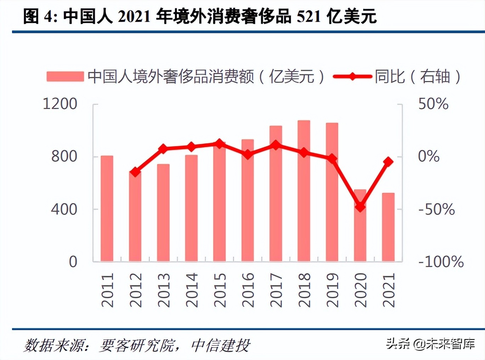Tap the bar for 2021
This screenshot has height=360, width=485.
pyautogui.click(x=388, y=227)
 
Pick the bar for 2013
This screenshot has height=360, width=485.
pyautogui.click(x=163, y=213)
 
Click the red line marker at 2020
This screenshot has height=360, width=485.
pyautogui.click(x=360, y=207)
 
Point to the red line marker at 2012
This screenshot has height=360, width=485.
pyautogui.click(x=135, y=172)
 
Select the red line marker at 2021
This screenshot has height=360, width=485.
pyautogui.click(x=388, y=162)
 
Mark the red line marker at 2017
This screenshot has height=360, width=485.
pyautogui.click(x=275, y=145)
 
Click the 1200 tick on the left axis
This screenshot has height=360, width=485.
pyautogui.click(x=60, y=104)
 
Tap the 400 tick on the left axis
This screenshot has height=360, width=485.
pyautogui.click(x=64, y=209)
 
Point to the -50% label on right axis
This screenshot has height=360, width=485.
pyautogui.click(x=436, y=209)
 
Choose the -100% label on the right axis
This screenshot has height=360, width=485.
pyautogui.click(x=441, y=262)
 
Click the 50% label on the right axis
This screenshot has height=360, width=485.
pyautogui.click(x=433, y=104)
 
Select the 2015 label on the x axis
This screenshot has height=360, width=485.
pyautogui.click(x=219, y=290)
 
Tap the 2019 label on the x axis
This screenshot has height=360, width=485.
pyautogui.click(x=332, y=290)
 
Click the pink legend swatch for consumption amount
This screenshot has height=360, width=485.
pyautogui.click(x=65, y=77)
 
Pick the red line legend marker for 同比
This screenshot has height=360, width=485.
pyautogui.click(x=353, y=77)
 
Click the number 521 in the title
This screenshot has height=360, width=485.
pyautogui.click(x=309, y=16)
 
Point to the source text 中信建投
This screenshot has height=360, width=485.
pyautogui.click(x=221, y=345)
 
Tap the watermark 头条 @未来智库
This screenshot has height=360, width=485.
pyautogui.click(x=430, y=343)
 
